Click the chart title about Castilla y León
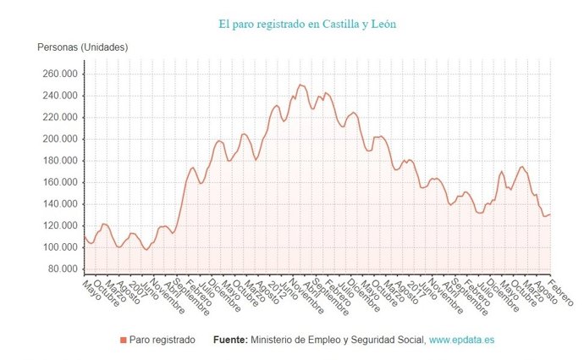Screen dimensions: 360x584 point(306,24)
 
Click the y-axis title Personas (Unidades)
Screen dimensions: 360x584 point(82,47)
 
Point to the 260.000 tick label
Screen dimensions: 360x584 point(59,74)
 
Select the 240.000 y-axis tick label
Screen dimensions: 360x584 point(59,96)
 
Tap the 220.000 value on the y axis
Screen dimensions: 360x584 point(59,117)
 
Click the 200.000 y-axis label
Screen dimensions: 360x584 point(59,139)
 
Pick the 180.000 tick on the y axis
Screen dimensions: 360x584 point(59,161)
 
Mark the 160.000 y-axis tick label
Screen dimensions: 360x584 point(59,182)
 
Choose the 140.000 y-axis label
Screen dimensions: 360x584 point(59,204)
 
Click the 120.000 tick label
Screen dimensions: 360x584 point(59,225)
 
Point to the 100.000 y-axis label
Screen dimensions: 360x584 point(59,247)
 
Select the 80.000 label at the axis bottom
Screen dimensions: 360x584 point(62,269)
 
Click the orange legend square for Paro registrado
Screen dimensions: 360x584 point(123,340)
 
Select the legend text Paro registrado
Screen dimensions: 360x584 point(162,340)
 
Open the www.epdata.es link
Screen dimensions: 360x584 point(461,340)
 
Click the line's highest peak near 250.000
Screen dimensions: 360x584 point(300,85)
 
